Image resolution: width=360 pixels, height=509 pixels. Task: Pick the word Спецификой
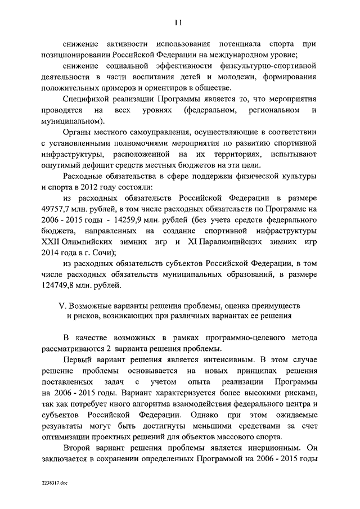tap(85, 98)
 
